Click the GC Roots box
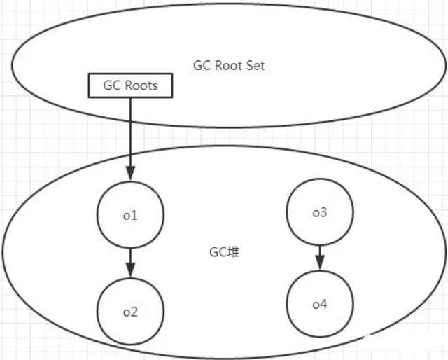tap(131, 85)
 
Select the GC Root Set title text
tap(229, 66)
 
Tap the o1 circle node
tap(130, 215)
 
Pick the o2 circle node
tap(130, 311)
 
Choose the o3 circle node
tap(319, 212)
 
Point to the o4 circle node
tap(319, 303)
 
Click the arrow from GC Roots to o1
tap(130, 140)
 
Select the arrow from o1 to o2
tap(130, 261)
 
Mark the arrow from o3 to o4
tap(319, 256)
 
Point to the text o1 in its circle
tap(130, 216)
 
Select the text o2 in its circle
tap(130, 311)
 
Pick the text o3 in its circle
tap(319, 212)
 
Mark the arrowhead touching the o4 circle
tap(319, 265)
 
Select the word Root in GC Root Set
tap(230, 66)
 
